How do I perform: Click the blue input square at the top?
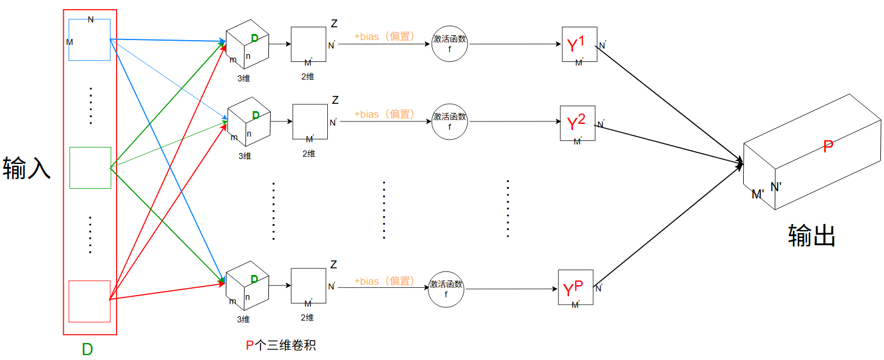pos(90,40)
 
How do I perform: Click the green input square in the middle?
pos(90,168)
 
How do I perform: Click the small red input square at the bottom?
pos(90,301)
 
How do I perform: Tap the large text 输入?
pos(27,168)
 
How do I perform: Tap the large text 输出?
pos(812,235)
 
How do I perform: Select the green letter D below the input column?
pos(87,350)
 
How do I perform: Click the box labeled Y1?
pos(580,45)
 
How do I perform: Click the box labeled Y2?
pos(578,123)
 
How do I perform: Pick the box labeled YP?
pos(575,288)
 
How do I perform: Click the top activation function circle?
pos(450,44)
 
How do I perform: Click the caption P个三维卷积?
pos(280,345)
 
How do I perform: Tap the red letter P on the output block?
pos(828,146)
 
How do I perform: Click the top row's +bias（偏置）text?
pos(385,36)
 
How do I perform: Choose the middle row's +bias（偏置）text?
pos(385,114)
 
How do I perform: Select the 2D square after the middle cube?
pos(310,122)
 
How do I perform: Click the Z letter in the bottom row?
pos(333,265)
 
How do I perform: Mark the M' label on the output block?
pos(758,194)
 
